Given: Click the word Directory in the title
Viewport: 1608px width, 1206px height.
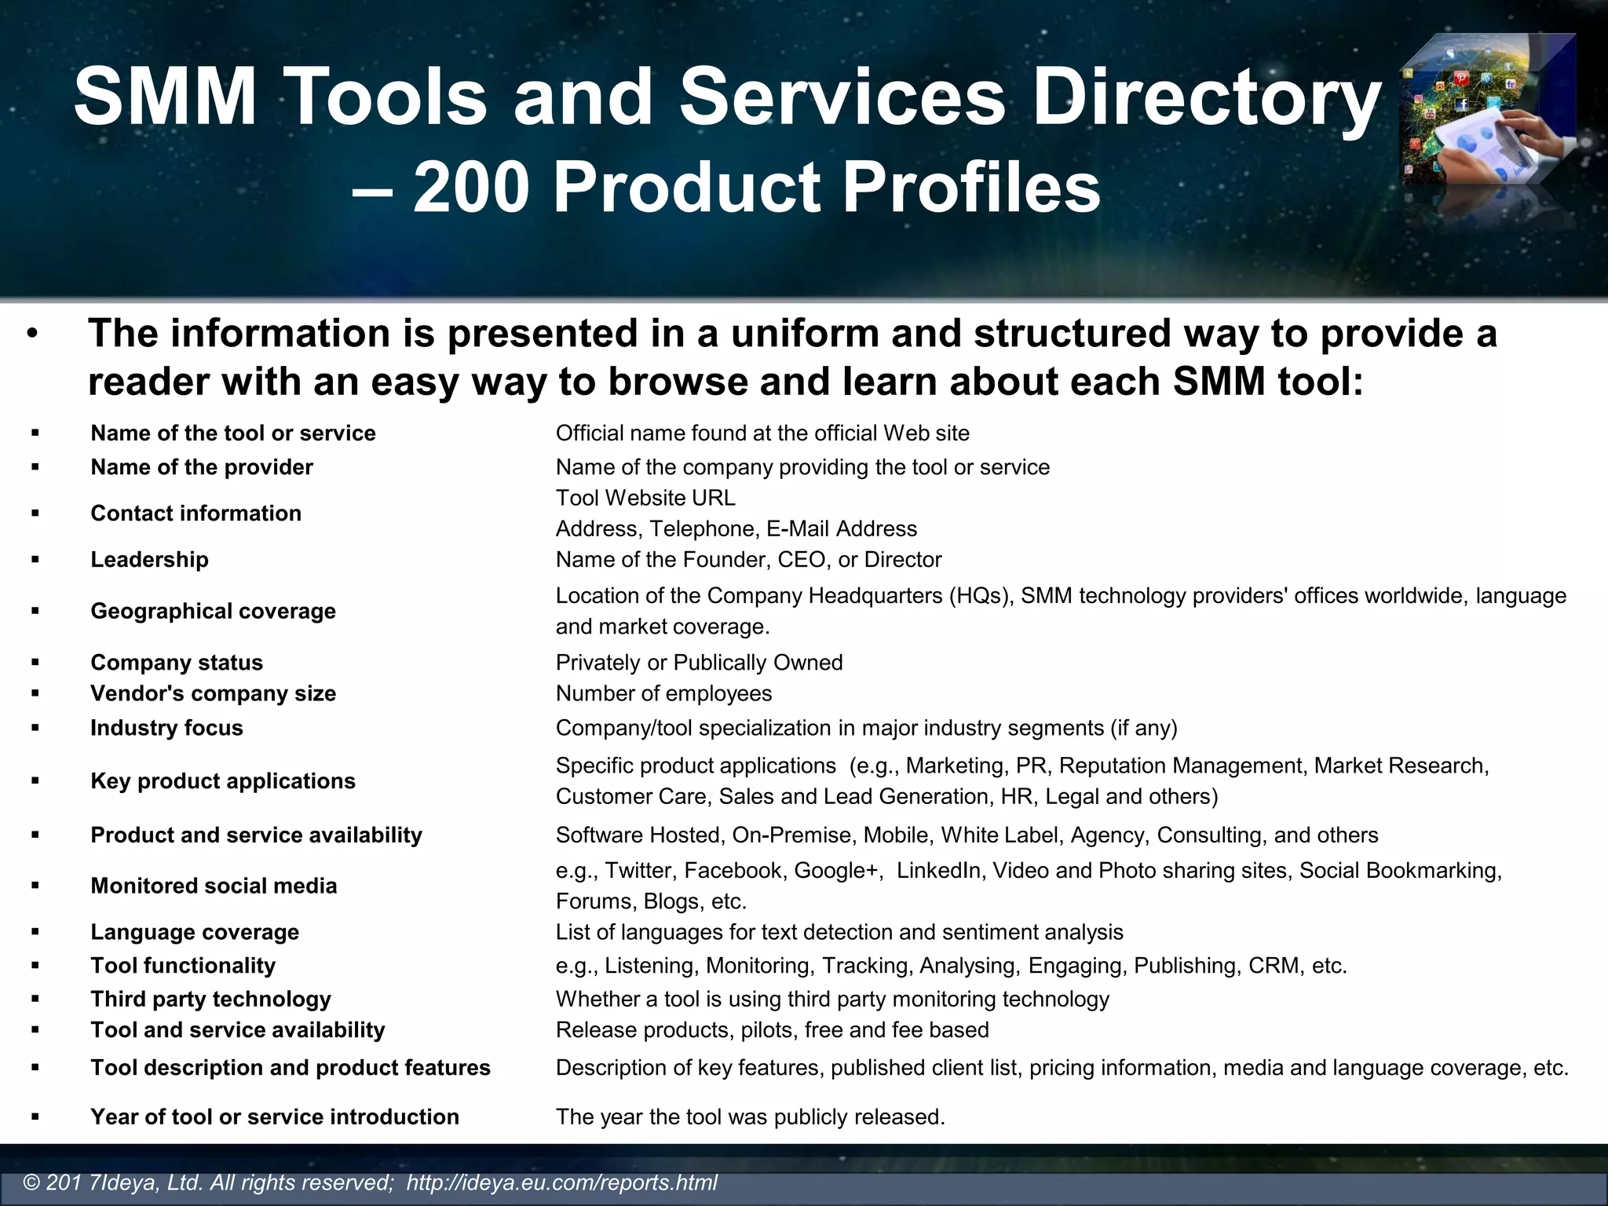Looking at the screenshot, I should (1206, 97).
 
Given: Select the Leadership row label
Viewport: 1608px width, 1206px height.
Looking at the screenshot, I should (149, 560).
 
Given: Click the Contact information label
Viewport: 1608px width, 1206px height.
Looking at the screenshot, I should (196, 513).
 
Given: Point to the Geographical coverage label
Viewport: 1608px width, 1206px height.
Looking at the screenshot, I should (213, 611).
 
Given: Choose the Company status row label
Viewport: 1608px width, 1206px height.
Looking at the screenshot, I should (177, 663).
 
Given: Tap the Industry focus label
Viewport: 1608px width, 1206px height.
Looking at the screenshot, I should (166, 728).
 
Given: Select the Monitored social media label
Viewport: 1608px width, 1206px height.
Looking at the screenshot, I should (214, 886).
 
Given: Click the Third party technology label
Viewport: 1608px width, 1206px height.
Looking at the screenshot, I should (210, 999).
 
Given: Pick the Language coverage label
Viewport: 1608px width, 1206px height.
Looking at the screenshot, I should (195, 932).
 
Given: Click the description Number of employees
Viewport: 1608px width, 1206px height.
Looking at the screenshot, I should (663, 694).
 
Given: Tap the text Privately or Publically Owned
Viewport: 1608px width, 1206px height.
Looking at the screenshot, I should (699, 663).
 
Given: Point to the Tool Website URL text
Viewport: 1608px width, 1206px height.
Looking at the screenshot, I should (645, 498).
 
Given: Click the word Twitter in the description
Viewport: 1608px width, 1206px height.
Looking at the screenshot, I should (638, 871).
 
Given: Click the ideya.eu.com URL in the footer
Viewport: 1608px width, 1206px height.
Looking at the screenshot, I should (561, 1182).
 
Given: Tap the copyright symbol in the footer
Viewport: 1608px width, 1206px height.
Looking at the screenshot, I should (31, 1182).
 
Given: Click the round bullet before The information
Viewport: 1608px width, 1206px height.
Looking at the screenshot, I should (31, 334).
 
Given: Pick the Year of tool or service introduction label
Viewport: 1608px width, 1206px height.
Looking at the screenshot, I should (275, 1116).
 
